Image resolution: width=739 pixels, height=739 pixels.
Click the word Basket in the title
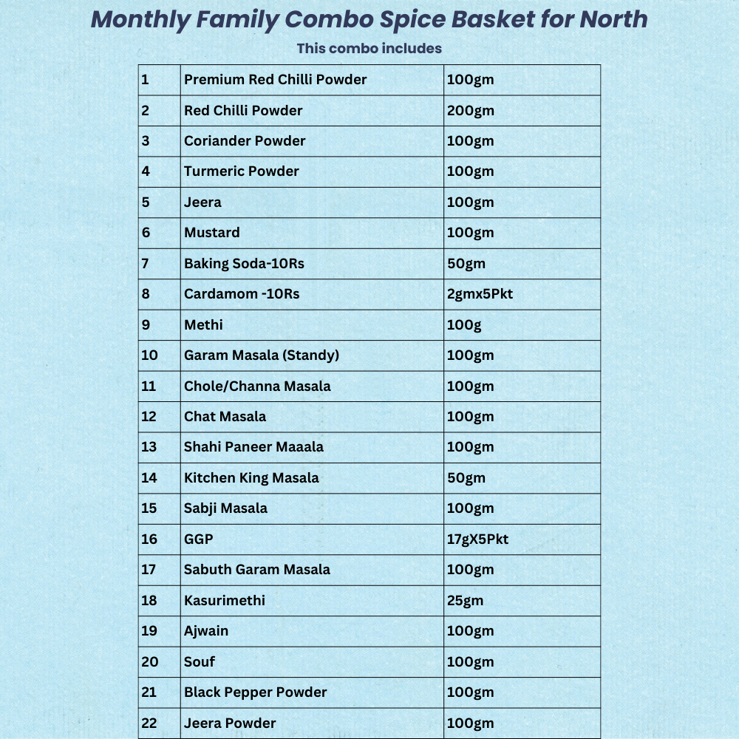pyautogui.click(x=483, y=20)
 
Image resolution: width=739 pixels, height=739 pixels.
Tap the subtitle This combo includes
pyautogui.click(x=369, y=49)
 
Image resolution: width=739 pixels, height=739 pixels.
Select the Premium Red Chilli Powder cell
pyautogui.click(x=275, y=80)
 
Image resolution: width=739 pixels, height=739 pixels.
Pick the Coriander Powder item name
pyautogui.click(x=245, y=141)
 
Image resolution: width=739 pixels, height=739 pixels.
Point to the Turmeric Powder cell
pyautogui.click(x=242, y=171)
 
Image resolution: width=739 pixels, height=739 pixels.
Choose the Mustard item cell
pyautogui.click(x=212, y=233)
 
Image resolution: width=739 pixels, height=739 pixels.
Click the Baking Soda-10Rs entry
pyautogui.click(x=244, y=264)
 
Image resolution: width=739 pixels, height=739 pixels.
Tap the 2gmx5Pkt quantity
pyautogui.click(x=480, y=294)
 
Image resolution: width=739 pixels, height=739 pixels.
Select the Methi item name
pyautogui.click(x=203, y=325)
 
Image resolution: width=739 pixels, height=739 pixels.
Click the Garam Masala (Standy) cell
pyautogui.click(x=262, y=355)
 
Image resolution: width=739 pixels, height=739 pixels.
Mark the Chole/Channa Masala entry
pyautogui.click(x=257, y=386)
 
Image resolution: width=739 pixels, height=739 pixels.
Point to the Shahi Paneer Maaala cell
pyautogui.click(x=253, y=447)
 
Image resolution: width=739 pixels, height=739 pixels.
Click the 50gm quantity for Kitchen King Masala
pyautogui.click(x=466, y=478)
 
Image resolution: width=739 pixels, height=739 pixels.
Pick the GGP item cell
pyautogui.click(x=199, y=539)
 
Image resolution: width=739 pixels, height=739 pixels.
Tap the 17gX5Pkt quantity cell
pyautogui.click(x=478, y=539)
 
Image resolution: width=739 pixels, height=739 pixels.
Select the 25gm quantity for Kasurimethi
pyautogui.click(x=465, y=601)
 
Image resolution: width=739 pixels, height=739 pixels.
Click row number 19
pyautogui.click(x=149, y=631)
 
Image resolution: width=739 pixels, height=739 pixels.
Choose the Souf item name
pyautogui.click(x=200, y=662)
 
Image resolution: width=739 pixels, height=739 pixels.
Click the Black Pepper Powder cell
pyautogui.click(x=255, y=692)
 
